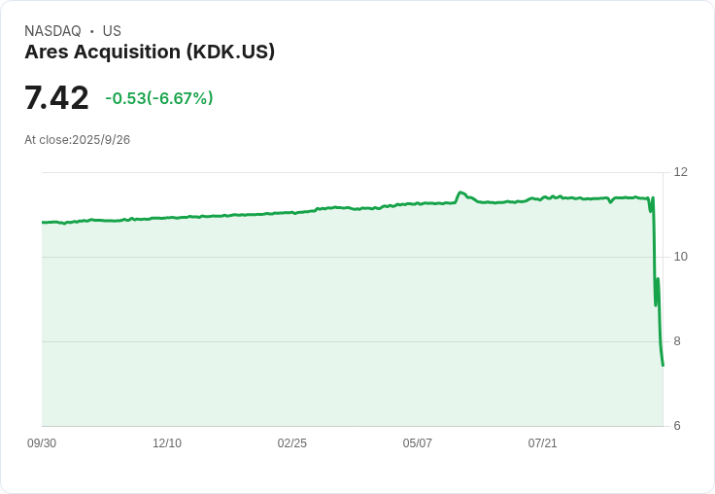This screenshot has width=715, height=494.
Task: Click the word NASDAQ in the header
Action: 52,31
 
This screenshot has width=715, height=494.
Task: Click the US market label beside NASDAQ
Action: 112,31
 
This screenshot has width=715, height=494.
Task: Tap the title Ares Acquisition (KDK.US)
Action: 150,52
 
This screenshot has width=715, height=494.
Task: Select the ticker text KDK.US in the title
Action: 233,52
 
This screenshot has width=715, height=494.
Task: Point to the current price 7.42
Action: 56,98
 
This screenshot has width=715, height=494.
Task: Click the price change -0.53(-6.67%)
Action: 159,98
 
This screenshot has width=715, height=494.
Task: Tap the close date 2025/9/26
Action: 101,140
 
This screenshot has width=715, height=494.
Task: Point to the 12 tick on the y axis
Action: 680,172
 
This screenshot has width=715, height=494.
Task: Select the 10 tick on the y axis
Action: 680,257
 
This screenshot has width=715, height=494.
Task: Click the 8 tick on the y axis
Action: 677,341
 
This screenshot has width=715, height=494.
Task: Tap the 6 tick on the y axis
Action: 677,426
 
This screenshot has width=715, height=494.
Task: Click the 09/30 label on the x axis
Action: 42,443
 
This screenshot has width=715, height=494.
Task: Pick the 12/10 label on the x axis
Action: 167,443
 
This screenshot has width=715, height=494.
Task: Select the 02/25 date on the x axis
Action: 292,443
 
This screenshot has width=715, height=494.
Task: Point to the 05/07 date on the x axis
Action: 418,443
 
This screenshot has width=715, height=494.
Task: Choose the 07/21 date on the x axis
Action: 543,443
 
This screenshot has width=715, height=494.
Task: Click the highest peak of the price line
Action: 460,193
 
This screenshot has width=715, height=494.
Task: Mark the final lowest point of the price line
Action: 663,365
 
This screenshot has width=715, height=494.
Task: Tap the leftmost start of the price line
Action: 43,223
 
